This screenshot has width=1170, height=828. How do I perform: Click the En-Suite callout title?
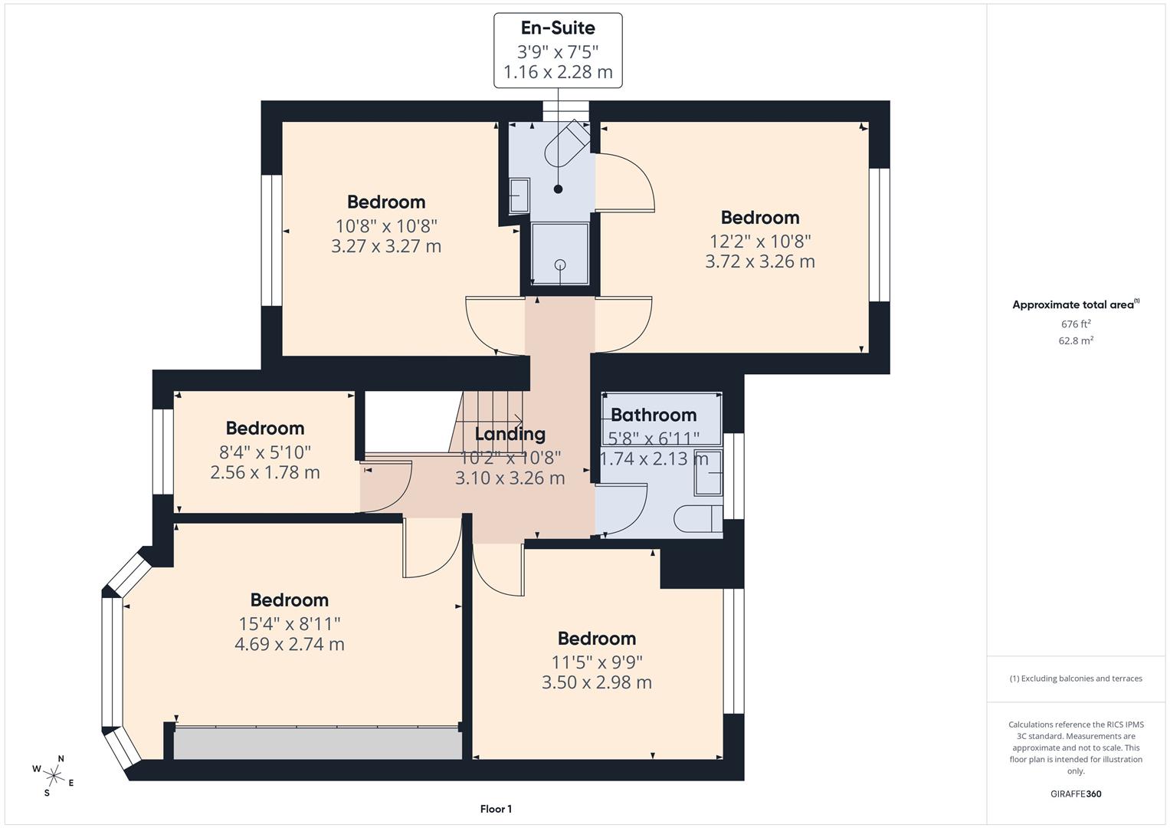(557, 28)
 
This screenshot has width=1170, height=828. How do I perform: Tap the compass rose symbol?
(53, 775)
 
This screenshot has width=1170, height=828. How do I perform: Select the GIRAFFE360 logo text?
(1075, 793)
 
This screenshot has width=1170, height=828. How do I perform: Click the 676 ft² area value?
(1075, 324)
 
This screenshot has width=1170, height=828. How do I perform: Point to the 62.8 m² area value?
(1075, 341)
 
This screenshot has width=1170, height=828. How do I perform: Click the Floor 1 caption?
(496, 809)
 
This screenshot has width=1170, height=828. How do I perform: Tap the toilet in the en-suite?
(567, 144)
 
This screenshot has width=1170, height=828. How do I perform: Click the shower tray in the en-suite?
(560, 253)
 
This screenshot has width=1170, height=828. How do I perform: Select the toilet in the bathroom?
(697, 519)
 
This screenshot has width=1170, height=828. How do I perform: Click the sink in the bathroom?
(708, 472)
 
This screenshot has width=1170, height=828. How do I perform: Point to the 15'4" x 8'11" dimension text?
(289, 624)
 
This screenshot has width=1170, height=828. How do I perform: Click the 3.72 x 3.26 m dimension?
(759, 261)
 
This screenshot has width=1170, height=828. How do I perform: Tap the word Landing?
(510, 434)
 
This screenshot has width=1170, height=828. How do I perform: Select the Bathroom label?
(654, 415)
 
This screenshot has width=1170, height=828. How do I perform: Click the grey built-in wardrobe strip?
(317, 744)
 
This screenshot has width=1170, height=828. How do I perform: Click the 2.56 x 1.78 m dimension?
(264, 472)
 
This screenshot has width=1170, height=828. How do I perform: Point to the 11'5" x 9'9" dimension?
(596, 662)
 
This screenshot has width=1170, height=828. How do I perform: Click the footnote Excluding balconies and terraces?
(1075, 678)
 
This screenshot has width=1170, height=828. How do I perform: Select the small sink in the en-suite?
(519, 196)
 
